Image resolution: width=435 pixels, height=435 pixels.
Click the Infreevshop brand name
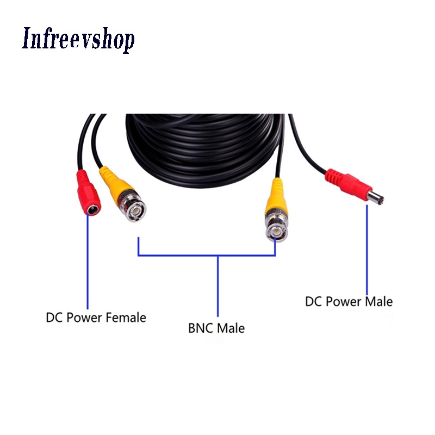(x=78, y=39)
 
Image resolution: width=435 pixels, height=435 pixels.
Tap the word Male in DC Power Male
(x=378, y=301)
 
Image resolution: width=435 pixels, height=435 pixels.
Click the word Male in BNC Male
(x=231, y=328)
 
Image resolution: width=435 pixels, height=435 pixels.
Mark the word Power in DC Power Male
(x=343, y=301)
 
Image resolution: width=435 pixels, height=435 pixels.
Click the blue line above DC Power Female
(x=86, y=261)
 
